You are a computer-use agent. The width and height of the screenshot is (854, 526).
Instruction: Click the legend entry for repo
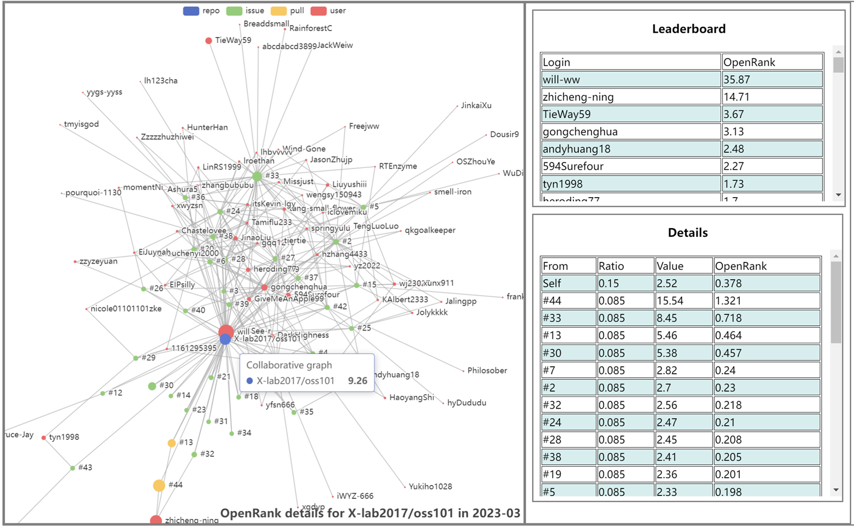201,11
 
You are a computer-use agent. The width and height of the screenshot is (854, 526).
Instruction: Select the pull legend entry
287,11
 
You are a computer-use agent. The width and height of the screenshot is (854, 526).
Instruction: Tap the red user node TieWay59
208,41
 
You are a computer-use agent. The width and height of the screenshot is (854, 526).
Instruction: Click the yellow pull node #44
159,485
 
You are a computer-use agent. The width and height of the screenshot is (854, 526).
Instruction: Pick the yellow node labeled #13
171,443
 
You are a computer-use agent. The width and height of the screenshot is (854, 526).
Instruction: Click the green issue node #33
257,176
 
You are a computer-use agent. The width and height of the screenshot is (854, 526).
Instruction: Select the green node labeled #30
152,386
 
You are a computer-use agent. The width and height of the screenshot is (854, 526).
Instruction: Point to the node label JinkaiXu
476,106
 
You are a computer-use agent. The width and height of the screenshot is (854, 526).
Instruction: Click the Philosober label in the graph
486,371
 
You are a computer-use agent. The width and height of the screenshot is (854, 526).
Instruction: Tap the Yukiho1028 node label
430,486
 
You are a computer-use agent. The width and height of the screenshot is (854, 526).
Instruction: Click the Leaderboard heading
688,29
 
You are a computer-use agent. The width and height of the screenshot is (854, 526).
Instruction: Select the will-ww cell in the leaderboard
630,80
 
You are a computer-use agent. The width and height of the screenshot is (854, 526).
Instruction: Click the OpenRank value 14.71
771,97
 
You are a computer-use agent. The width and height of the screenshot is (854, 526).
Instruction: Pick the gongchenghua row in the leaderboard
630,132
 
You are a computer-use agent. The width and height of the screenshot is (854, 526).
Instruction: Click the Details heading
687,232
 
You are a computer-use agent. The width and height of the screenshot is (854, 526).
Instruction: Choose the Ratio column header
625,266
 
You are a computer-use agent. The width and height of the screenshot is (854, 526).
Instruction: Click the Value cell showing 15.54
683,300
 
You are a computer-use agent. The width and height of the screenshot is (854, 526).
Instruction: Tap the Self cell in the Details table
568,283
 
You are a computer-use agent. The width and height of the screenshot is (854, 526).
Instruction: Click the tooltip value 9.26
357,381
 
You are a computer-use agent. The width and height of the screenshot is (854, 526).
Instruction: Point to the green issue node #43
72,468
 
